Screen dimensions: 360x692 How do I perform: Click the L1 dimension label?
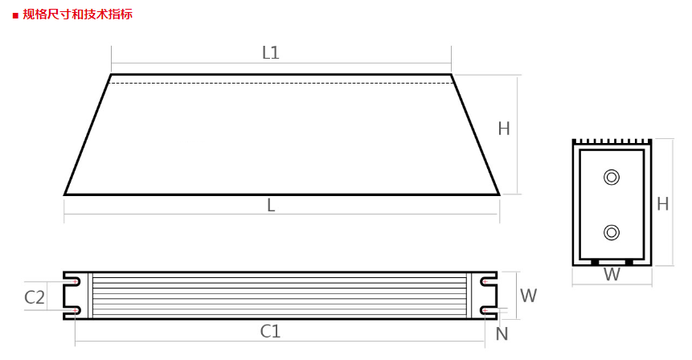[x=271, y=53]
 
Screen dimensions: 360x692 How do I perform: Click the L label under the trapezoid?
[x=271, y=206]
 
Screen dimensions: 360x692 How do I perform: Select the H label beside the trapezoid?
[x=504, y=129]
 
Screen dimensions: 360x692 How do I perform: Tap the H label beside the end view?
[x=662, y=204]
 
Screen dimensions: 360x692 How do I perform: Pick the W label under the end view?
[x=612, y=275]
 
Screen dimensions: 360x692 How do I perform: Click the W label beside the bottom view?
[x=528, y=296]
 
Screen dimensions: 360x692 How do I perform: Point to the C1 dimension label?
[x=271, y=331]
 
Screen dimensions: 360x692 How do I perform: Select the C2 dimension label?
[x=35, y=297]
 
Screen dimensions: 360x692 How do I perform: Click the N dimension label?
[x=502, y=333]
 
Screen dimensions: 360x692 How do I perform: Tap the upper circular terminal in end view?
[x=612, y=177]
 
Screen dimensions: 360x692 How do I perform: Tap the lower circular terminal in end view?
[x=612, y=233]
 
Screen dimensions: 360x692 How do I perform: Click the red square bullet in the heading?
[x=15, y=14]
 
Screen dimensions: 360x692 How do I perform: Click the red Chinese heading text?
[x=77, y=14]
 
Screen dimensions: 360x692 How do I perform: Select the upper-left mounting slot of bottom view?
[x=72, y=282]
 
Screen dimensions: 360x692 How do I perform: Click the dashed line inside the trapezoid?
[x=281, y=83]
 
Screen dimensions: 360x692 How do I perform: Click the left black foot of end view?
[x=596, y=262]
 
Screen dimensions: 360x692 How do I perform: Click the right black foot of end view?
[x=629, y=262]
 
